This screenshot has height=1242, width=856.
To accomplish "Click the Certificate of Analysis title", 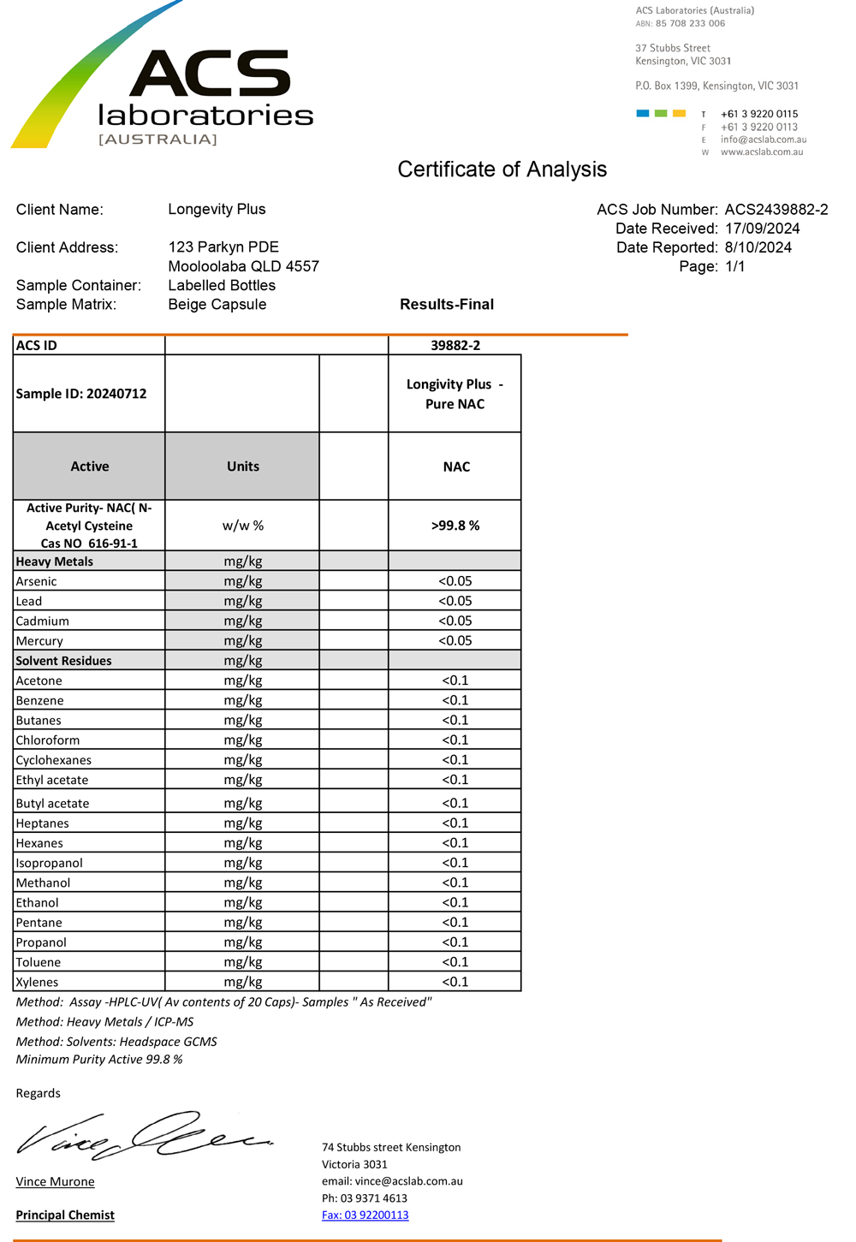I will click(x=502, y=169).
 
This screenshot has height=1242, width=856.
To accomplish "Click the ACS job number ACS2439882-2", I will click(x=776, y=210).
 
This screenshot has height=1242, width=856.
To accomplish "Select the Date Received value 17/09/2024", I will click(x=762, y=229).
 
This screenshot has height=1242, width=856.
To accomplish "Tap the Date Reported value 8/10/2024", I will click(x=758, y=247).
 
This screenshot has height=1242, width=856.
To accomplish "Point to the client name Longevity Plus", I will click(x=217, y=210).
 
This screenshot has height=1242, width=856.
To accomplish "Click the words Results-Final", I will click(x=447, y=305).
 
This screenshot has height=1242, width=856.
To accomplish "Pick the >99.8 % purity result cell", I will click(x=455, y=526).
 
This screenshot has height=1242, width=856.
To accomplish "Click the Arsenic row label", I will click(x=37, y=582).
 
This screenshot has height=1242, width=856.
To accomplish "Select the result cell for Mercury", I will click(x=455, y=641).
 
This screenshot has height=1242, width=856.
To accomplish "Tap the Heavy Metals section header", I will click(x=55, y=562).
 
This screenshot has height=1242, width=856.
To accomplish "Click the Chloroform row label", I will click(x=48, y=740).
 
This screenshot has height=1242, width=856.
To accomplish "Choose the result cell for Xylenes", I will click(x=455, y=982).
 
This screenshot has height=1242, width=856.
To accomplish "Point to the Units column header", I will click(x=242, y=466).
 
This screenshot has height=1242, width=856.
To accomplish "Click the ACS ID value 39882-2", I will click(x=455, y=346).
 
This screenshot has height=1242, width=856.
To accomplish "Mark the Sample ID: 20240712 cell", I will click(x=81, y=394).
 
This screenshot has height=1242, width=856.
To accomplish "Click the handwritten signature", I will click(x=141, y=1137).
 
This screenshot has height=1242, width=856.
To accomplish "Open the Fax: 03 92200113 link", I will click(x=365, y=1215).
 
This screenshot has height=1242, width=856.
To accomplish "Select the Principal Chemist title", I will click(x=65, y=1215).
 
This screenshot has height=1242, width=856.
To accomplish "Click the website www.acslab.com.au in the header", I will click(x=761, y=152).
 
